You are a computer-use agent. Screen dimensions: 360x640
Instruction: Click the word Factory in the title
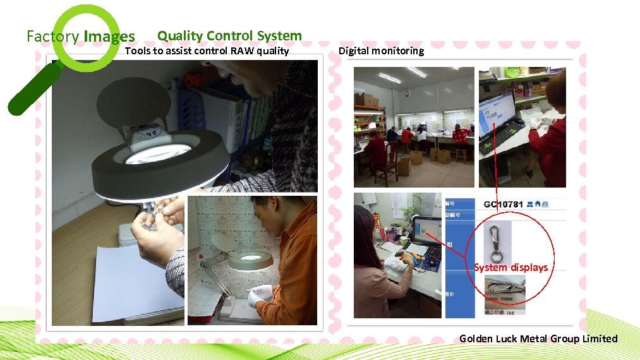(x=52, y=37)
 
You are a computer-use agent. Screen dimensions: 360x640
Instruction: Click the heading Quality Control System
(x=229, y=36)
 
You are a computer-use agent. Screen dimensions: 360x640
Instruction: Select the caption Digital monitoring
(x=381, y=51)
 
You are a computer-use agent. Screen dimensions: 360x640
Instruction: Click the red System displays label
(x=511, y=267)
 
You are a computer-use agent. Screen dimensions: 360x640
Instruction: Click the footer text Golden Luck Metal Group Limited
(x=538, y=339)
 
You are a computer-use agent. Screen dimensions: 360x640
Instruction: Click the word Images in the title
(x=109, y=37)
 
